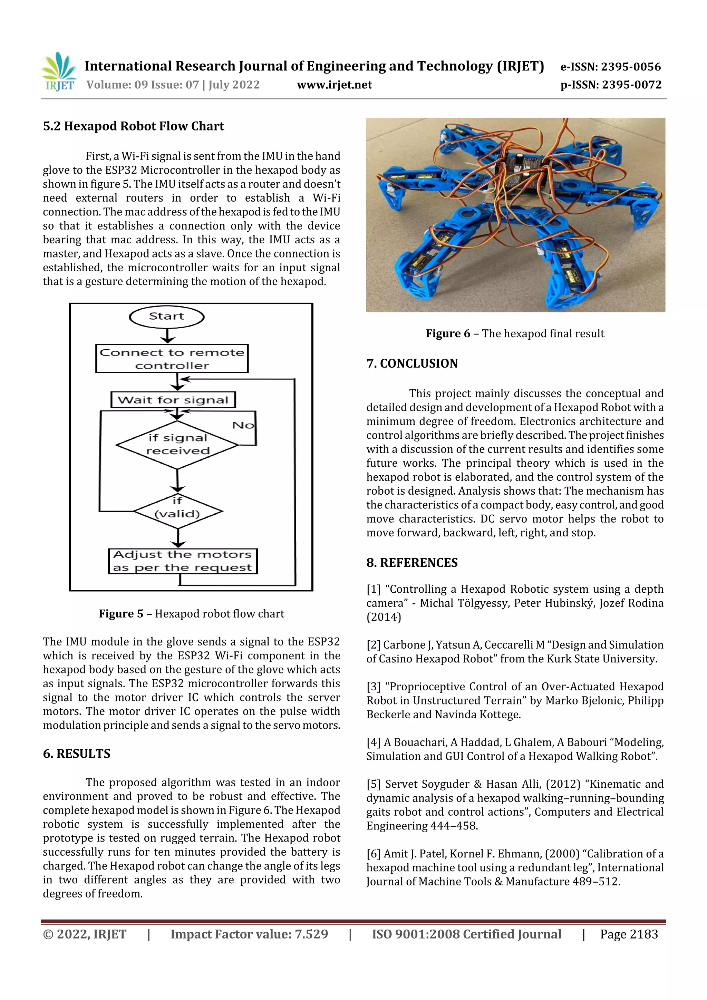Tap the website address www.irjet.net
pyautogui.click(x=334, y=85)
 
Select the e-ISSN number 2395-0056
pyautogui.click(x=630, y=67)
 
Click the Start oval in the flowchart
pyautogui.click(x=166, y=317)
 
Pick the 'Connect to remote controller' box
pyautogui.click(x=172, y=358)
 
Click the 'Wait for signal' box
pyautogui.click(x=173, y=399)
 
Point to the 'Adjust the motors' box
pyautogui.click(x=183, y=561)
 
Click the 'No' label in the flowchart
pyautogui.click(x=243, y=425)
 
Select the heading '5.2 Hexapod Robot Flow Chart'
pyautogui.click(x=133, y=126)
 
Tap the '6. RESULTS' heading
pyautogui.click(x=77, y=754)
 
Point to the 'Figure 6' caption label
pyautogui.click(x=447, y=334)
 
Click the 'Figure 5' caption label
pyautogui.click(x=121, y=614)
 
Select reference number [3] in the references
pyautogui.click(x=373, y=687)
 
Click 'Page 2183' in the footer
pyautogui.click(x=629, y=934)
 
